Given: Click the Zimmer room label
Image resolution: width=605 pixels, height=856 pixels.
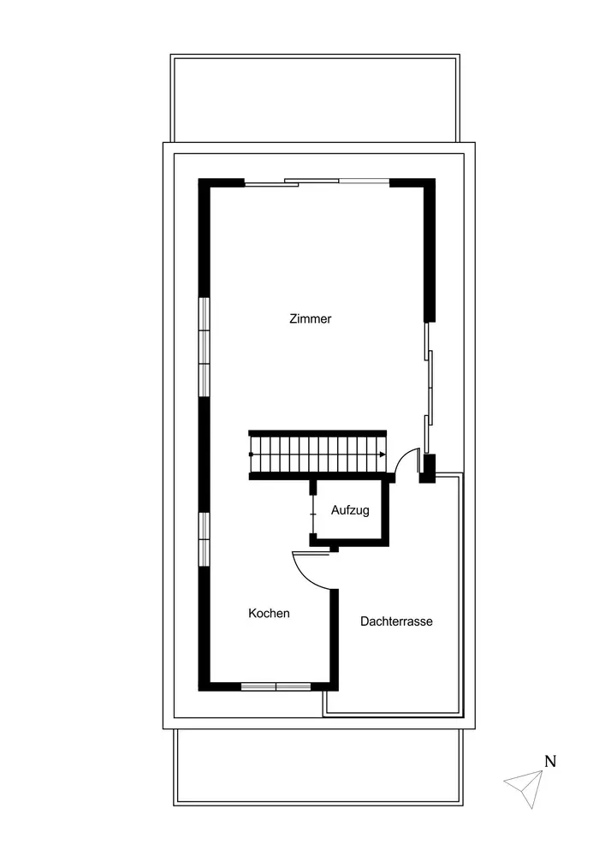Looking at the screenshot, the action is click(x=310, y=318).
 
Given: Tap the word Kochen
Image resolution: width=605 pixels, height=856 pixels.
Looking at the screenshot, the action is click(x=269, y=614).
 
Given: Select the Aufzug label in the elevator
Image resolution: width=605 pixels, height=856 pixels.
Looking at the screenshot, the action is click(x=350, y=510).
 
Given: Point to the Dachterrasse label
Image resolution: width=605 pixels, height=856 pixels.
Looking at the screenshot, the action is click(x=396, y=621).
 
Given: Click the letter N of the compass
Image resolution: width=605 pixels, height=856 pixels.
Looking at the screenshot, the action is click(x=550, y=761).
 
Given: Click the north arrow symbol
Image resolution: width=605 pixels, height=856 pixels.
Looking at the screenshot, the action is click(x=525, y=788).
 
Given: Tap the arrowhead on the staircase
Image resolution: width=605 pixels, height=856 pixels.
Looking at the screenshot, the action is click(x=383, y=455).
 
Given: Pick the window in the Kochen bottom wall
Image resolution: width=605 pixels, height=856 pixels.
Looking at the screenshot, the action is click(x=276, y=687).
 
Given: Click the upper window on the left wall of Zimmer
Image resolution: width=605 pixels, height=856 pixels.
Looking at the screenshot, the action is click(x=204, y=347).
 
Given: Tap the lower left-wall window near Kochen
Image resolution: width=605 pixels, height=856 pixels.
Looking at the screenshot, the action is click(x=204, y=539).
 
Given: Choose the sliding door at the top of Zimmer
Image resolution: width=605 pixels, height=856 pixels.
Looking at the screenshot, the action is click(x=317, y=182).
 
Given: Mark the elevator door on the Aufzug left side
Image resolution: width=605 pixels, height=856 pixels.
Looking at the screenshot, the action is click(x=313, y=514).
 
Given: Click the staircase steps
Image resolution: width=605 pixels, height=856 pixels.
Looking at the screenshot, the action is click(x=317, y=455).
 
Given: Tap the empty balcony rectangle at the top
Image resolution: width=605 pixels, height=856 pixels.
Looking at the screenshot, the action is click(x=315, y=98).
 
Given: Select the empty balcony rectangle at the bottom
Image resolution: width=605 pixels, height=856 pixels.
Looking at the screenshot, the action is click(x=318, y=767).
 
